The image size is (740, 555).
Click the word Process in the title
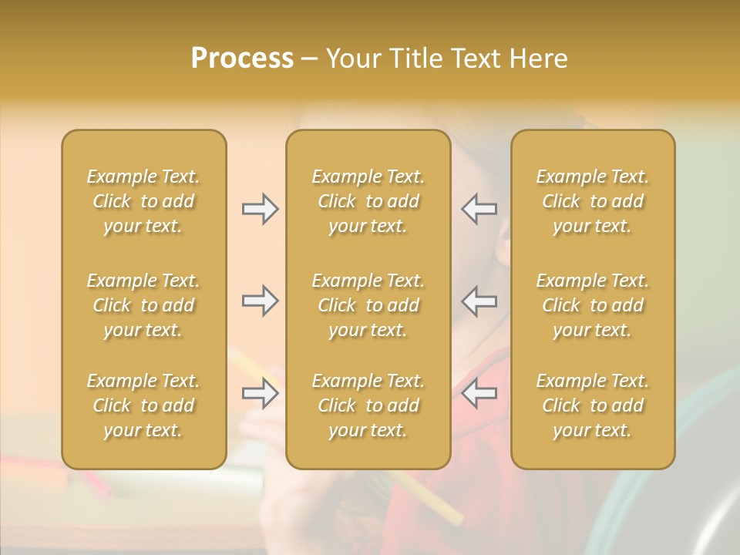click(x=242, y=59)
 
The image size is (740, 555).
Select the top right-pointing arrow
click(x=260, y=209)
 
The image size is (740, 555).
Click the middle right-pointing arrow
click(x=260, y=301)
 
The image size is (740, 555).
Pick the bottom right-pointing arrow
click(x=260, y=393)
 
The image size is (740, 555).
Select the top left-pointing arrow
click(x=479, y=209)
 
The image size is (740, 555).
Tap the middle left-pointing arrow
click(x=479, y=301)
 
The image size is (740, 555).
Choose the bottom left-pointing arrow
click(x=479, y=393)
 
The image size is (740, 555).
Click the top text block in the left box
click(x=143, y=201)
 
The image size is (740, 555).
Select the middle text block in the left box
click(x=143, y=305)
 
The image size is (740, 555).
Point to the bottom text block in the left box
click(x=143, y=405)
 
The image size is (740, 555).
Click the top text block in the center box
click(x=368, y=201)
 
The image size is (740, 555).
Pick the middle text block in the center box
click(x=368, y=305)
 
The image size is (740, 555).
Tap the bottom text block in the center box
click(x=368, y=405)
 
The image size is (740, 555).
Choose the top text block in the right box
click(x=593, y=201)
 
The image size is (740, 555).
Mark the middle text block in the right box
click(x=593, y=305)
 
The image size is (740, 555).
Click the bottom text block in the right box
click(x=593, y=405)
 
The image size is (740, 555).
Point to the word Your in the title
click(x=352, y=59)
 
